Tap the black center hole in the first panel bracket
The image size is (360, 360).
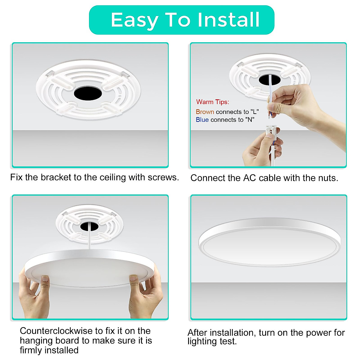[x=88, y=93]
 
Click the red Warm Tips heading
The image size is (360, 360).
[x=212, y=102]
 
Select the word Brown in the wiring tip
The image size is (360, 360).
[x=205, y=112]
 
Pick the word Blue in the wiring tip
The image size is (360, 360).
[x=202, y=120]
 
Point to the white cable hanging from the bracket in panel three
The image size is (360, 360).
[x=90, y=240]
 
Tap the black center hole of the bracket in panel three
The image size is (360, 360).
[x=89, y=226]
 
